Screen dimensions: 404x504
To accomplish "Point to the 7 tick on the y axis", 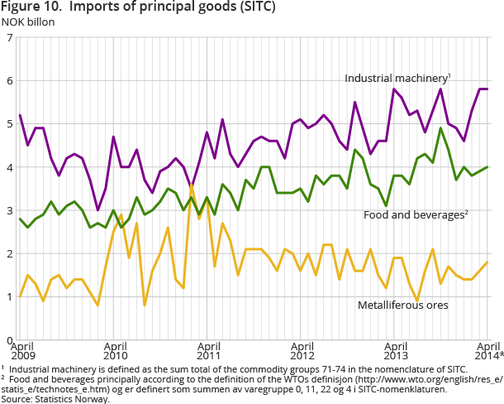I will click(x=8, y=38).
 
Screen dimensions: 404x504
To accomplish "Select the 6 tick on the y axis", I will click(x=8, y=81).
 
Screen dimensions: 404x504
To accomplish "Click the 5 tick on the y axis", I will click(x=8, y=124).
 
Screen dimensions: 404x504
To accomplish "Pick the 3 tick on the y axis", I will click(x=8, y=210).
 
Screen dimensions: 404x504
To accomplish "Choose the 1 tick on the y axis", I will click(x=8, y=296).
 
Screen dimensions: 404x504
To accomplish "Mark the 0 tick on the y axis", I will click(x=8, y=339).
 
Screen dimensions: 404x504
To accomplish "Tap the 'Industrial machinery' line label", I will click(x=397, y=78).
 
